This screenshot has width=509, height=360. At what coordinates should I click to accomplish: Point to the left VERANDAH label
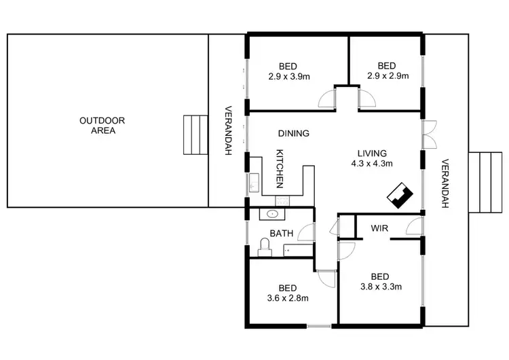point(229,130)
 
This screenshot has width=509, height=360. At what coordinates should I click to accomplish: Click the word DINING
point(294,134)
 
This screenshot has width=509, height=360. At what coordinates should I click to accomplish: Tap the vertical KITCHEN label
point(278,169)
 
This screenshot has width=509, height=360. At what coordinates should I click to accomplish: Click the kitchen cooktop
point(283,200)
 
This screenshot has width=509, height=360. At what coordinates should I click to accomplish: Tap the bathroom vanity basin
point(273,214)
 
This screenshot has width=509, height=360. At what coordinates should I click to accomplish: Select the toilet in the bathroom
point(266,246)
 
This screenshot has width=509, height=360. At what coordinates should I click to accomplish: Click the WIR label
point(379,228)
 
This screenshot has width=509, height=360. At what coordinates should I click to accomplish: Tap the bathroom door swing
point(307,233)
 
